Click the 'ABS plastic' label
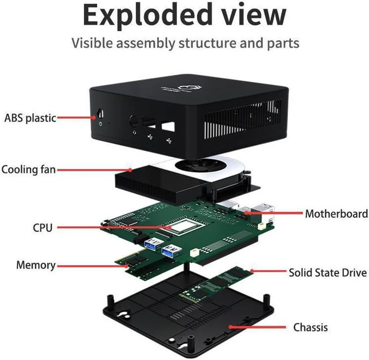tap(30, 118)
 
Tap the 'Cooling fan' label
tap(28, 169)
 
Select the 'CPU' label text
tap(42, 228)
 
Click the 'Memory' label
tap(36, 265)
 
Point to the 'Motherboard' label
tap(336, 214)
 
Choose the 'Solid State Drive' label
tap(327, 273)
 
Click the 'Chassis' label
tap(310, 327)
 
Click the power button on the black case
tap(100, 113)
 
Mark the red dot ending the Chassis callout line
tap(231, 327)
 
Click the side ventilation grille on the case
tap(242, 118)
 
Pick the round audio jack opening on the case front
tap(133, 121)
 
